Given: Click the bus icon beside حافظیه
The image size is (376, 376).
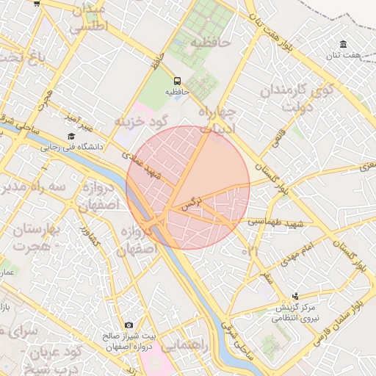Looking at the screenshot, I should coord(177,81).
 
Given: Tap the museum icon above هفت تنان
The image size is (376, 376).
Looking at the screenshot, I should coord(343,45).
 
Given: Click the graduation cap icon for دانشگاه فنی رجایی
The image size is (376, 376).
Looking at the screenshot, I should coord(71,137).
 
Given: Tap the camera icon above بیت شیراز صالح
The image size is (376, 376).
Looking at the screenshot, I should coord(129,325).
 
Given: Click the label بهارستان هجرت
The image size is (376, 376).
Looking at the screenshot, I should coord(30,236).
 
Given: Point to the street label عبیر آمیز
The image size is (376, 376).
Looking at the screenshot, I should coord(75,117).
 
